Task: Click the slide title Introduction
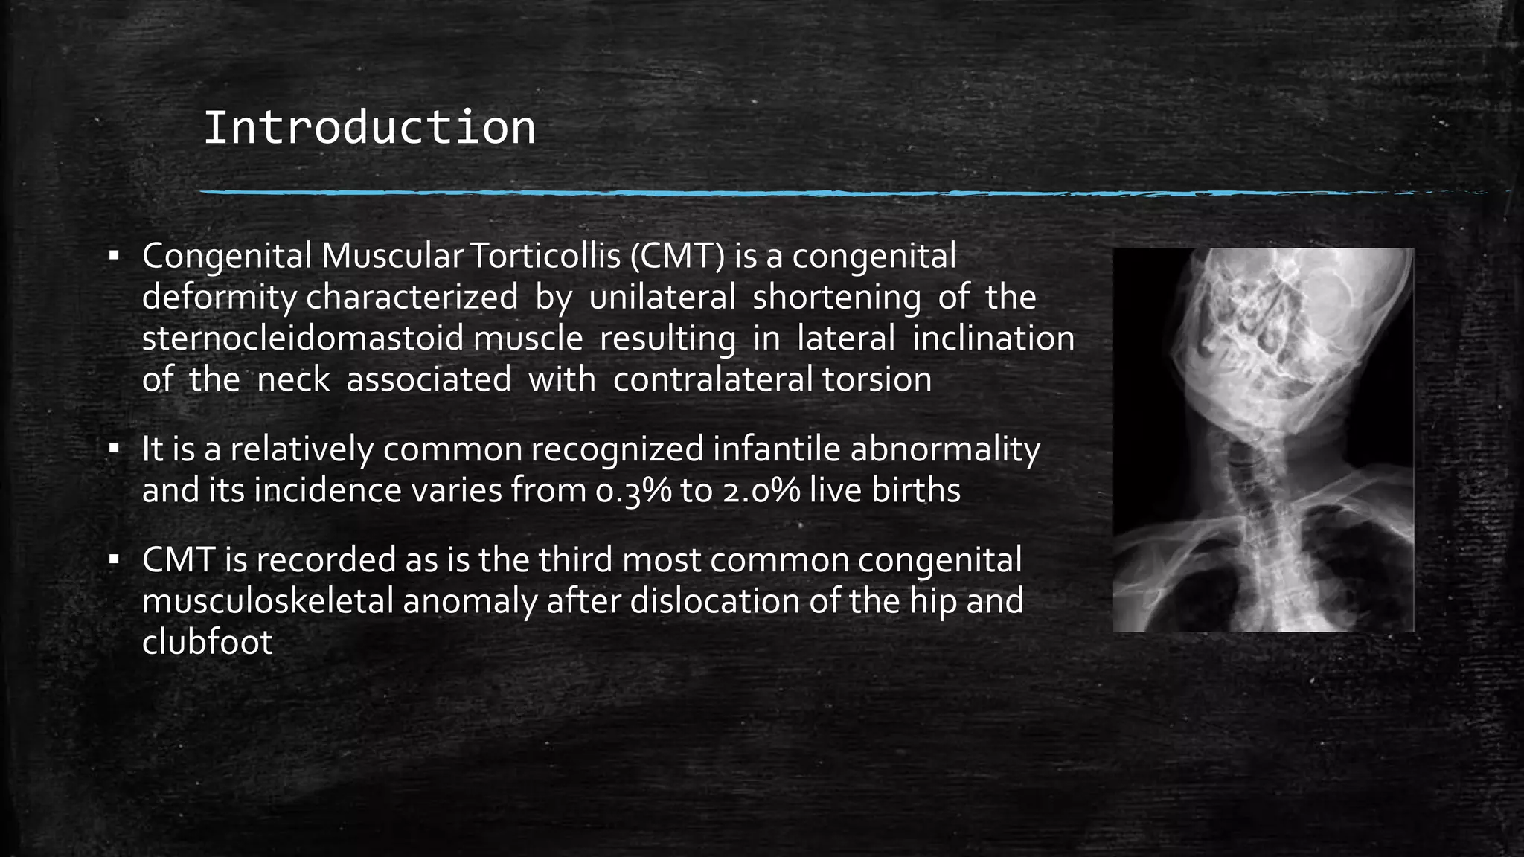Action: click(369, 128)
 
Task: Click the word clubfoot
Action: click(208, 642)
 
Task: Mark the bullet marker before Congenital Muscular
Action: click(114, 257)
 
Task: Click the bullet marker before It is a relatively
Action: click(114, 449)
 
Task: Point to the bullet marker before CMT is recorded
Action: click(114, 560)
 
